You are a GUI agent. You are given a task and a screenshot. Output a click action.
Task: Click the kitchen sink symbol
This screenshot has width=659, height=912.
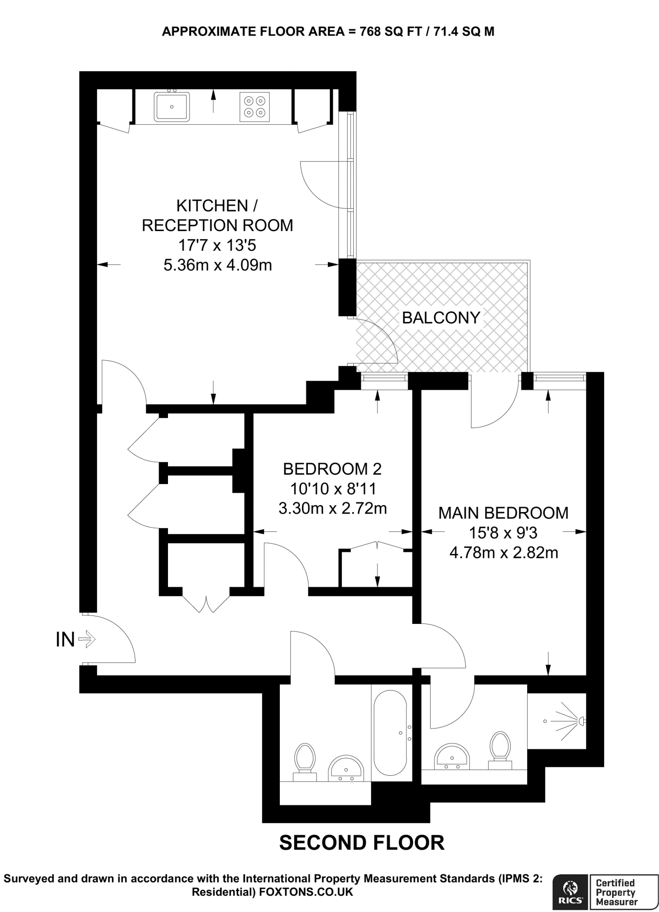click(172, 106)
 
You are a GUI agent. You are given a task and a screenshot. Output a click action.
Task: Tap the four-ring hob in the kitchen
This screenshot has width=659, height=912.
click(254, 106)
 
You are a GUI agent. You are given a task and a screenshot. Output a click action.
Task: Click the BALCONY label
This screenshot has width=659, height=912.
click(441, 318)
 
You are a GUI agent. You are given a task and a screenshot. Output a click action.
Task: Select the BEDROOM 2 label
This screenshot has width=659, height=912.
click(332, 469)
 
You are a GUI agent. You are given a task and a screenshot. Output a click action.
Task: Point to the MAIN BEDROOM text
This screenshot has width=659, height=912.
click(503, 513)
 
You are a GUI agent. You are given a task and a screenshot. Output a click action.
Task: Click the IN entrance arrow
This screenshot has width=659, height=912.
click(86, 640)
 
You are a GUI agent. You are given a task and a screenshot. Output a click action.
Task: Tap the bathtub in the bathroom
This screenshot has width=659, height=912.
click(390, 733)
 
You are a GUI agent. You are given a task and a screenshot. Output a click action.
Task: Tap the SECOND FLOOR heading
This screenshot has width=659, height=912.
click(361, 843)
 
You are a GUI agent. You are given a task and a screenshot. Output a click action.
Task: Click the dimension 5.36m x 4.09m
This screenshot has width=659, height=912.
click(217, 265)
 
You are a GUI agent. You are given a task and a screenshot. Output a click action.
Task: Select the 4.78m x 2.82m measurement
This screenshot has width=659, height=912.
click(503, 553)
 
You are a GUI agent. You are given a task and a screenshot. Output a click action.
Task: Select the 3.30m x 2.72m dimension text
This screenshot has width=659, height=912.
click(332, 508)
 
